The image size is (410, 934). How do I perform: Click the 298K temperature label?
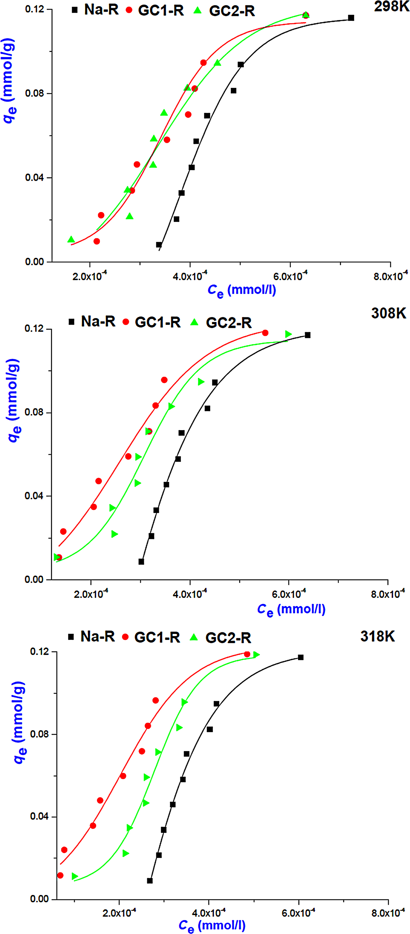coord(392,6)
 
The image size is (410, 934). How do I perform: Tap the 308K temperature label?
coord(389,313)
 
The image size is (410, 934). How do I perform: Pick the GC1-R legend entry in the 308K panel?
coord(152,322)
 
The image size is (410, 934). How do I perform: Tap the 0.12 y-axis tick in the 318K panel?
coord(40,651)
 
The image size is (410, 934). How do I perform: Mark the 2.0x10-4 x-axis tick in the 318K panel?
coord(119,913)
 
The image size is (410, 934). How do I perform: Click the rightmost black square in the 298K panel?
coord(351,18)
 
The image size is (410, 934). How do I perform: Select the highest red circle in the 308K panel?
coord(265,333)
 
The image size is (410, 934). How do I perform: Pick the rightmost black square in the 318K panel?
coord(300,657)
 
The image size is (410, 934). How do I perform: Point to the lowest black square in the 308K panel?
coord(141,562)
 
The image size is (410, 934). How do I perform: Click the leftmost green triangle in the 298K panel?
coord(71,240)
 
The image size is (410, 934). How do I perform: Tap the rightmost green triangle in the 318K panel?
coord(256,654)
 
